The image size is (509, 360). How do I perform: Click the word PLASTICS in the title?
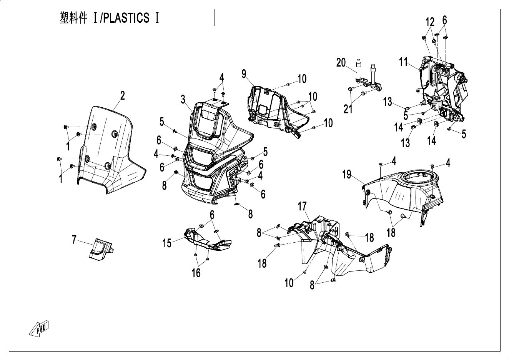(x=125, y=18)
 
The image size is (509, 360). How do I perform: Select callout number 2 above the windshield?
(x=122, y=95)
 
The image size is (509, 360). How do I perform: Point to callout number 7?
(x=75, y=240)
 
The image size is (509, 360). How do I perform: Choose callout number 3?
(x=183, y=100)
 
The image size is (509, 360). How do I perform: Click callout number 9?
(x=244, y=74)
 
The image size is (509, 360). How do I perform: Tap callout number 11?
(x=403, y=62)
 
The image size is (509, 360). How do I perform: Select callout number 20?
(x=341, y=62)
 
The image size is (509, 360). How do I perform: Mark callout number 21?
(x=348, y=109)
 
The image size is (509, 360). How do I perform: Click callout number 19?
(x=347, y=175)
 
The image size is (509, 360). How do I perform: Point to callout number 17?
(x=303, y=206)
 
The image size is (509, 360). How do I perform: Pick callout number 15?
(x=167, y=243)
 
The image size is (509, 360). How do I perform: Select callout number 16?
(x=196, y=273)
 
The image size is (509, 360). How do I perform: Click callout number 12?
(x=430, y=22)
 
